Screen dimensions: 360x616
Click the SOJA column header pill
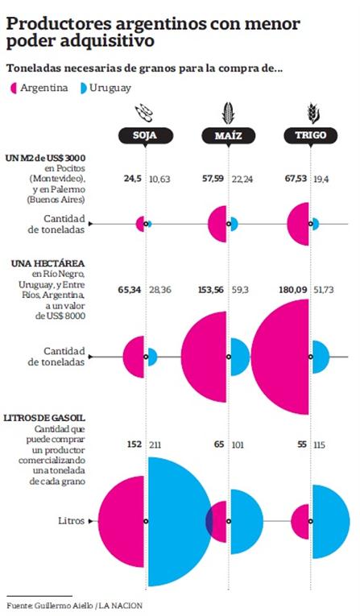tap(146, 136)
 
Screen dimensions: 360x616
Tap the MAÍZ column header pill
tap(229, 136)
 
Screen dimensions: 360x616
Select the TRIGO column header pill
tap(311, 136)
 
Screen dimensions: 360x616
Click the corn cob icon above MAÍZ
tap(228, 114)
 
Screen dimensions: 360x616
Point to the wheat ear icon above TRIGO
tap(312, 114)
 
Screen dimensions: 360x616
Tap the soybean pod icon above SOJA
tap(145, 114)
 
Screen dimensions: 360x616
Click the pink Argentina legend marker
tap(14, 89)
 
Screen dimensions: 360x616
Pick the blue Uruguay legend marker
tap(83, 89)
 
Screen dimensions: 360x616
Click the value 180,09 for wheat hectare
tap(295, 291)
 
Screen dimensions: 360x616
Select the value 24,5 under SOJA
tap(132, 179)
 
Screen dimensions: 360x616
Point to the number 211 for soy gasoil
tap(155, 445)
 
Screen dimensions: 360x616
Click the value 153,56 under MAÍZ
tap(211, 291)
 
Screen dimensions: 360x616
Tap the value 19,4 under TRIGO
tap(321, 179)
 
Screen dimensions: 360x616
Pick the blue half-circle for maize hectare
tap(239, 357)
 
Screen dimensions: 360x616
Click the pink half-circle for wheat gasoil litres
tap(301, 522)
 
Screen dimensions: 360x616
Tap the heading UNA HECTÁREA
tap(48, 263)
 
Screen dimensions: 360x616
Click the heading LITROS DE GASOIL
tap(44, 418)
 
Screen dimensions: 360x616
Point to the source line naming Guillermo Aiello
tap(74, 606)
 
